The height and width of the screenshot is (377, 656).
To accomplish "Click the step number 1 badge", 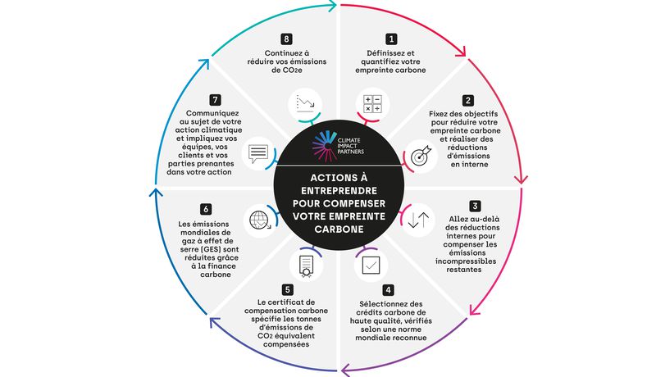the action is point(391,39).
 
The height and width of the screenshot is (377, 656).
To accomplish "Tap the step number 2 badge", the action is point(467,100).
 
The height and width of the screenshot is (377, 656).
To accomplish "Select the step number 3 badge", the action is point(475,206).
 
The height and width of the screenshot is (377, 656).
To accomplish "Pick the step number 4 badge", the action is point(388,290).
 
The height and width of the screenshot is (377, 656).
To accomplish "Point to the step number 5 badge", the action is point(287,289).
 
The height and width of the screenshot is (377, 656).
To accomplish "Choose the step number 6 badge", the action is point(206,208).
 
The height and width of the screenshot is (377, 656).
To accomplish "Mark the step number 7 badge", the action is point(215,100).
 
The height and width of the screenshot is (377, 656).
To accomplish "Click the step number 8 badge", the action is point(286,39).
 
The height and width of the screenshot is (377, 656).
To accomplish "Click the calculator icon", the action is point(372,103).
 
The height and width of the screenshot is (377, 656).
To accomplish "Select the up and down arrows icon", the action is point(418,220).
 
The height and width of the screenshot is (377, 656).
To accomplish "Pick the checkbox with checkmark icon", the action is point(371,265).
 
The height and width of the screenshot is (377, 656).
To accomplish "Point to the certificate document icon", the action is point(306,266).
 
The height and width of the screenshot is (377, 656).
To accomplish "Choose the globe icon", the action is point(260,220).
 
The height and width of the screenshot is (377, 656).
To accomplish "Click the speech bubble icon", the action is point(258,154).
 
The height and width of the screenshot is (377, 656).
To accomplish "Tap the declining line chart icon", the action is point(305,104).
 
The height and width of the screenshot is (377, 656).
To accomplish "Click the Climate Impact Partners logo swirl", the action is point(323,146).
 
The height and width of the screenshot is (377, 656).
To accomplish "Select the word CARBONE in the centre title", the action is point(339,229).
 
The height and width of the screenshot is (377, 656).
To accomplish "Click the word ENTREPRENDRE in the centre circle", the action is point(339,191).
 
